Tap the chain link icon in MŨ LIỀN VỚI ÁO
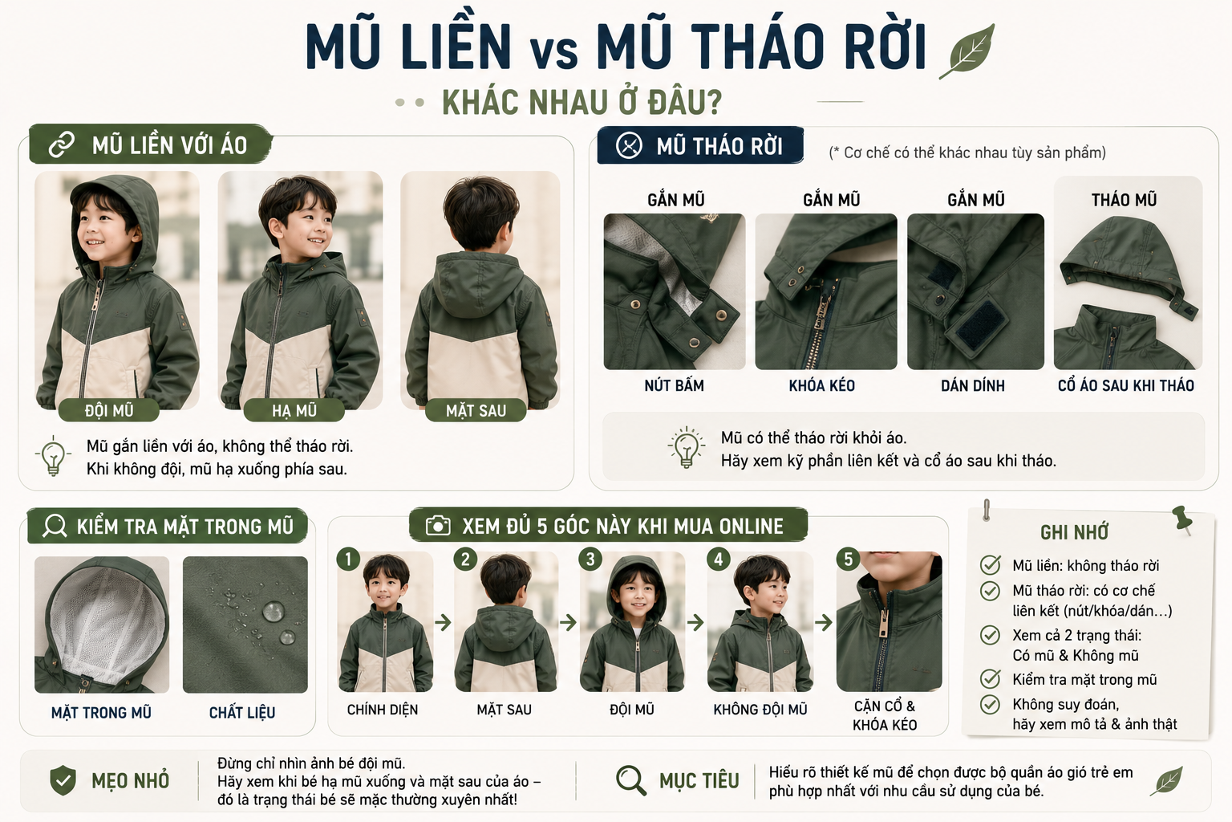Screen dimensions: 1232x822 pos(62,145)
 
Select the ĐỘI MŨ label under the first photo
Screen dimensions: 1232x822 pos(109,411)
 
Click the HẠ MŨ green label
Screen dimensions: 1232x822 pos(294,411)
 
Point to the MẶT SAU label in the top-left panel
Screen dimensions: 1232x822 pos(476,411)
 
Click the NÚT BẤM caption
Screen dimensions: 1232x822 pos(675,385)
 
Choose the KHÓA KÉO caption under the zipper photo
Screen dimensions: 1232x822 pos(821,385)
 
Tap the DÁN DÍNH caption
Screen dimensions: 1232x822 pos(972,385)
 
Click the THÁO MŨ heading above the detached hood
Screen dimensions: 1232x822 pos(1125,200)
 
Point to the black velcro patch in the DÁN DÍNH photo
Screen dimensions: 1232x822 pos(979,327)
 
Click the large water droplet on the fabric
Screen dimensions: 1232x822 pos(274,611)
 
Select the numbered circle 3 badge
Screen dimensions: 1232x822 pos(590,560)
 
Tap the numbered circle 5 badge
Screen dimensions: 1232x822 pos(848,560)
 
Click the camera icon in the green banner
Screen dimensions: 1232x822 pos(438,525)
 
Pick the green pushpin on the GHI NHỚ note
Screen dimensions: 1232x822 pos(1181,519)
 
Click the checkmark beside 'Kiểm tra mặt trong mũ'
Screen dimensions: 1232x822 pos(990,679)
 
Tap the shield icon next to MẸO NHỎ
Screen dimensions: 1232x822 pos(63,780)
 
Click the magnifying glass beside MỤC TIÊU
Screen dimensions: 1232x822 pos(630,780)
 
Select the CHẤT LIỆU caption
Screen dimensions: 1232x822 pos(242,713)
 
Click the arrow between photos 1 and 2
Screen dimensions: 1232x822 pos(443,623)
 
